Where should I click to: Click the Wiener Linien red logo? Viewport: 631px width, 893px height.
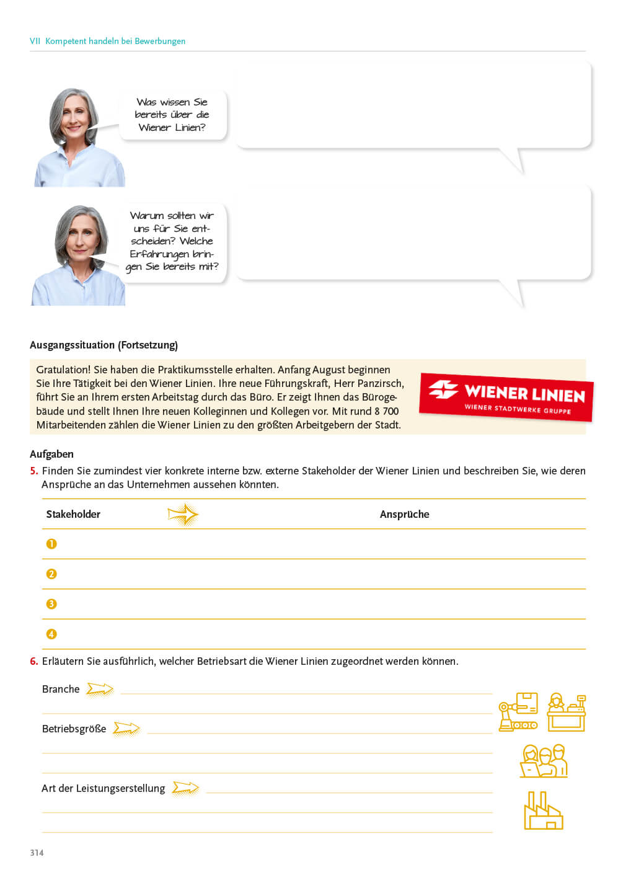coord(506,397)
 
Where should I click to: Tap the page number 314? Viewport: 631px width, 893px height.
coord(37,853)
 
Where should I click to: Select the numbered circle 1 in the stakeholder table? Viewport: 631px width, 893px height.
coord(51,544)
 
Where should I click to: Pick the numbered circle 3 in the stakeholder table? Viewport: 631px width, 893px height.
coord(51,604)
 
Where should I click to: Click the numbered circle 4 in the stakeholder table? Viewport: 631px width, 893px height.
coord(51,634)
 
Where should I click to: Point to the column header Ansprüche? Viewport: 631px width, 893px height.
coord(404,514)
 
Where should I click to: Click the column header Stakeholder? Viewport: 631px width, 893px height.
coord(73,514)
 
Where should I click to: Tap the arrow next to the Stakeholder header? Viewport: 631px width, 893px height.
coord(183,514)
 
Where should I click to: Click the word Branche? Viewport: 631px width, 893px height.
coord(61,689)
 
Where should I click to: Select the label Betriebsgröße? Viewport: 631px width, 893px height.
coord(74,729)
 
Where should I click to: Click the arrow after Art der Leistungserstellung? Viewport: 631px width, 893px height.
coord(185,788)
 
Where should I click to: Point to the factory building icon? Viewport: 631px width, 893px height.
coord(543,811)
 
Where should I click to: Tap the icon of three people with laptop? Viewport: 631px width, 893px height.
coord(544,761)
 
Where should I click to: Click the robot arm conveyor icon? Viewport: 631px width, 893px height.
coord(518,712)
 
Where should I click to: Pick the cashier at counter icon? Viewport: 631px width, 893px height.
coord(567,712)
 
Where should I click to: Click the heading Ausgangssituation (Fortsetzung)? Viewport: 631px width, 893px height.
coord(104,345)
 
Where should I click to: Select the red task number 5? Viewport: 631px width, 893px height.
coord(33,471)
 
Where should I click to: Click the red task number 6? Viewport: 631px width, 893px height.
coord(33,661)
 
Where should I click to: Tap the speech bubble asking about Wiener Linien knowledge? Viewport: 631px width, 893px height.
coord(172,115)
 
